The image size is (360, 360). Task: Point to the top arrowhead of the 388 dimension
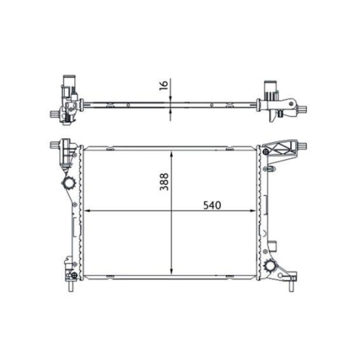coord(171,154)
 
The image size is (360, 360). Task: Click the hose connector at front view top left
coord(66,150)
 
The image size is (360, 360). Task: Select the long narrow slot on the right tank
coord(263,209)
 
